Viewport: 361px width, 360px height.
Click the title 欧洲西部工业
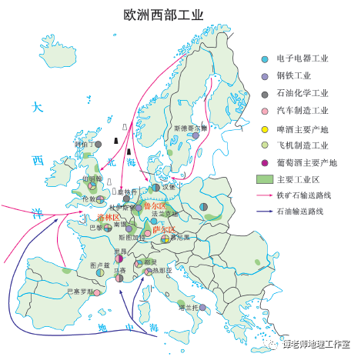163,15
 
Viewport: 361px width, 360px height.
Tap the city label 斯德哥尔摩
190,128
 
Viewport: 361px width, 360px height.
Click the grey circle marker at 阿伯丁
96,144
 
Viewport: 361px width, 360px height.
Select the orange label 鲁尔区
155,206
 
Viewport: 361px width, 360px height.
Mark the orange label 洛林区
109,218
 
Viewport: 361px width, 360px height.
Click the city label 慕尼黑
181,238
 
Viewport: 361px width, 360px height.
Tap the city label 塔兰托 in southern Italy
189,307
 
